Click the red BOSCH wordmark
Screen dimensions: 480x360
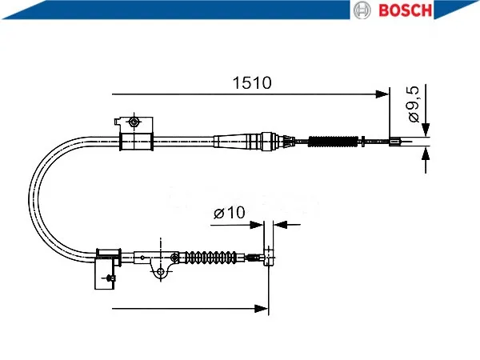click(x=406, y=10)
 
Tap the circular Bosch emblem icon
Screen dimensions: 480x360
click(x=362, y=10)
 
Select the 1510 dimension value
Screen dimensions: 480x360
click(x=252, y=82)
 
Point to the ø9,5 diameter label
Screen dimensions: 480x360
click(x=414, y=104)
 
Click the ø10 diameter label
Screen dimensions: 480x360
click(x=230, y=213)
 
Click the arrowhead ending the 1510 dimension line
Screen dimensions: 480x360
click(x=382, y=94)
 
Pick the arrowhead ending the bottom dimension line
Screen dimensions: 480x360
click(x=262, y=308)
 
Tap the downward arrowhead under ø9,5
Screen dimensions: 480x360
click(x=426, y=130)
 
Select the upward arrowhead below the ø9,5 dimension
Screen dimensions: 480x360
click(x=426, y=153)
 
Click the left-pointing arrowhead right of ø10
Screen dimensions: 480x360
click(x=280, y=225)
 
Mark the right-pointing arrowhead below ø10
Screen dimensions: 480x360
click(x=257, y=225)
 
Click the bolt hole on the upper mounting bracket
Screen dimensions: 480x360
click(x=134, y=122)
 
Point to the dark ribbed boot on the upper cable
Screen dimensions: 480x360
click(x=333, y=141)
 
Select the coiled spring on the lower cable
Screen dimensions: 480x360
click(x=211, y=257)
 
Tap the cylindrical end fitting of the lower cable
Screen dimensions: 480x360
click(x=269, y=257)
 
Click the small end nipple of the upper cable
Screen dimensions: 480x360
click(x=395, y=142)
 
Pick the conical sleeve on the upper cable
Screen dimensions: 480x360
click(x=237, y=142)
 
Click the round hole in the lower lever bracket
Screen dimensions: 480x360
click(x=161, y=271)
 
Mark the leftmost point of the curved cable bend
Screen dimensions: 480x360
click(x=29, y=199)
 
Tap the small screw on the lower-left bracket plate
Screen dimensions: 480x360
click(x=110, y=278)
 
